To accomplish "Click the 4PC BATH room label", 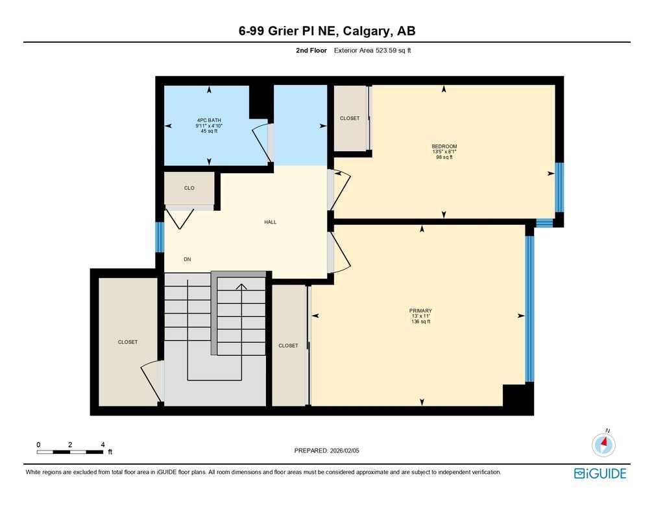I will coord(210,120).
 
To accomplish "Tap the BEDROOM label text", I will coord(444,147).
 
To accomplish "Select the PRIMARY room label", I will coord(420,311).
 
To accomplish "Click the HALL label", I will coord(271,222).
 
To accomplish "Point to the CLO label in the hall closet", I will coord(189,188).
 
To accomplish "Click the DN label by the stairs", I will coord(188,259).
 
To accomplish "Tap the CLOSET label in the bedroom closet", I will coord(350,119).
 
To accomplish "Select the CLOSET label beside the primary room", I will coord(288,346).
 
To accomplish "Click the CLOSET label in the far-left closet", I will coord(128,342).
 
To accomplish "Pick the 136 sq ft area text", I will coord(420,322).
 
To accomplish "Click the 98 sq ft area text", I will coord(444,157).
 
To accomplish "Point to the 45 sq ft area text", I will coord(210,131).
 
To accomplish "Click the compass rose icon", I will coord(603,445).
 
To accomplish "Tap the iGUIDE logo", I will coord(600,473).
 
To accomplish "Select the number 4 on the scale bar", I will coord(103,444).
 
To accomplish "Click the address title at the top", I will coord(326,30).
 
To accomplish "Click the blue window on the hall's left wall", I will coord(159,237).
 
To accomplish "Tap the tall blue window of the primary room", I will coord(529,309).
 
